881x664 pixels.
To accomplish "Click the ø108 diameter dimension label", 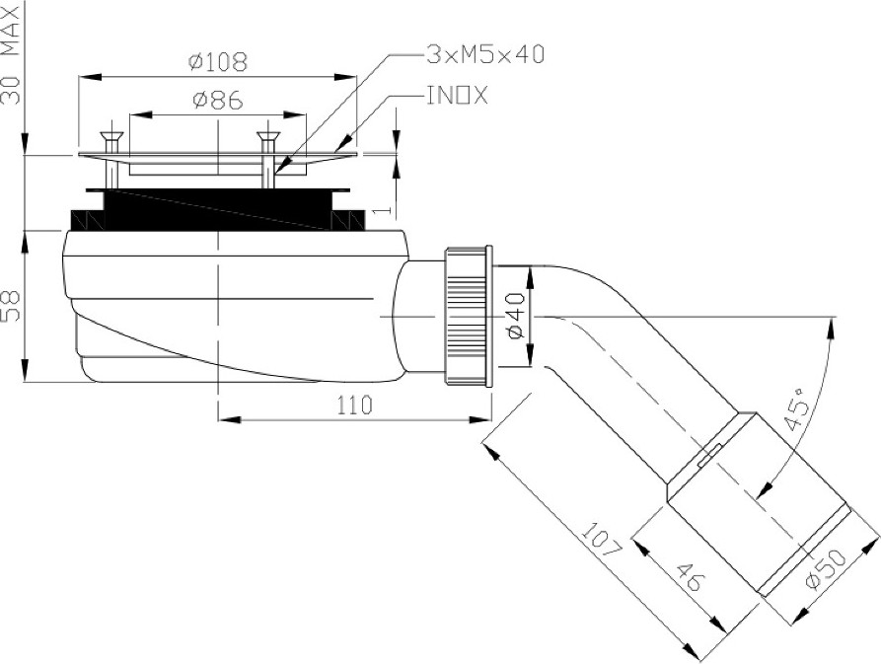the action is coord(218,61).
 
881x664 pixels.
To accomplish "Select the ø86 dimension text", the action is coord(217,100).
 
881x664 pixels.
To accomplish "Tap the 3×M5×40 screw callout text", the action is coord(485,54).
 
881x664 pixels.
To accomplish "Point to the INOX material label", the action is coord(457,96).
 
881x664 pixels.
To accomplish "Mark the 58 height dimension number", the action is coord(11,306).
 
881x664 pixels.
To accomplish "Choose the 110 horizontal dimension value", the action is coord(354,405).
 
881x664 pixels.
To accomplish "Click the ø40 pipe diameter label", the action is coord(515,317).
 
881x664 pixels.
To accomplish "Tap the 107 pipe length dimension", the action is coord(601,540).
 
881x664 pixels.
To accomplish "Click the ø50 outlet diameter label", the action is coord(824,569).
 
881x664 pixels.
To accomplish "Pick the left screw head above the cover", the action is coord(110,135).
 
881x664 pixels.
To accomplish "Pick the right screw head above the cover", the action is coord(268,135).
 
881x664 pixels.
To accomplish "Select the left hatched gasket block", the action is coord(87,220).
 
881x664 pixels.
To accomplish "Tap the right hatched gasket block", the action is coord(348,220).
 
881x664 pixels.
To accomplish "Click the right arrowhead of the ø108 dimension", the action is coord(345,77).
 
